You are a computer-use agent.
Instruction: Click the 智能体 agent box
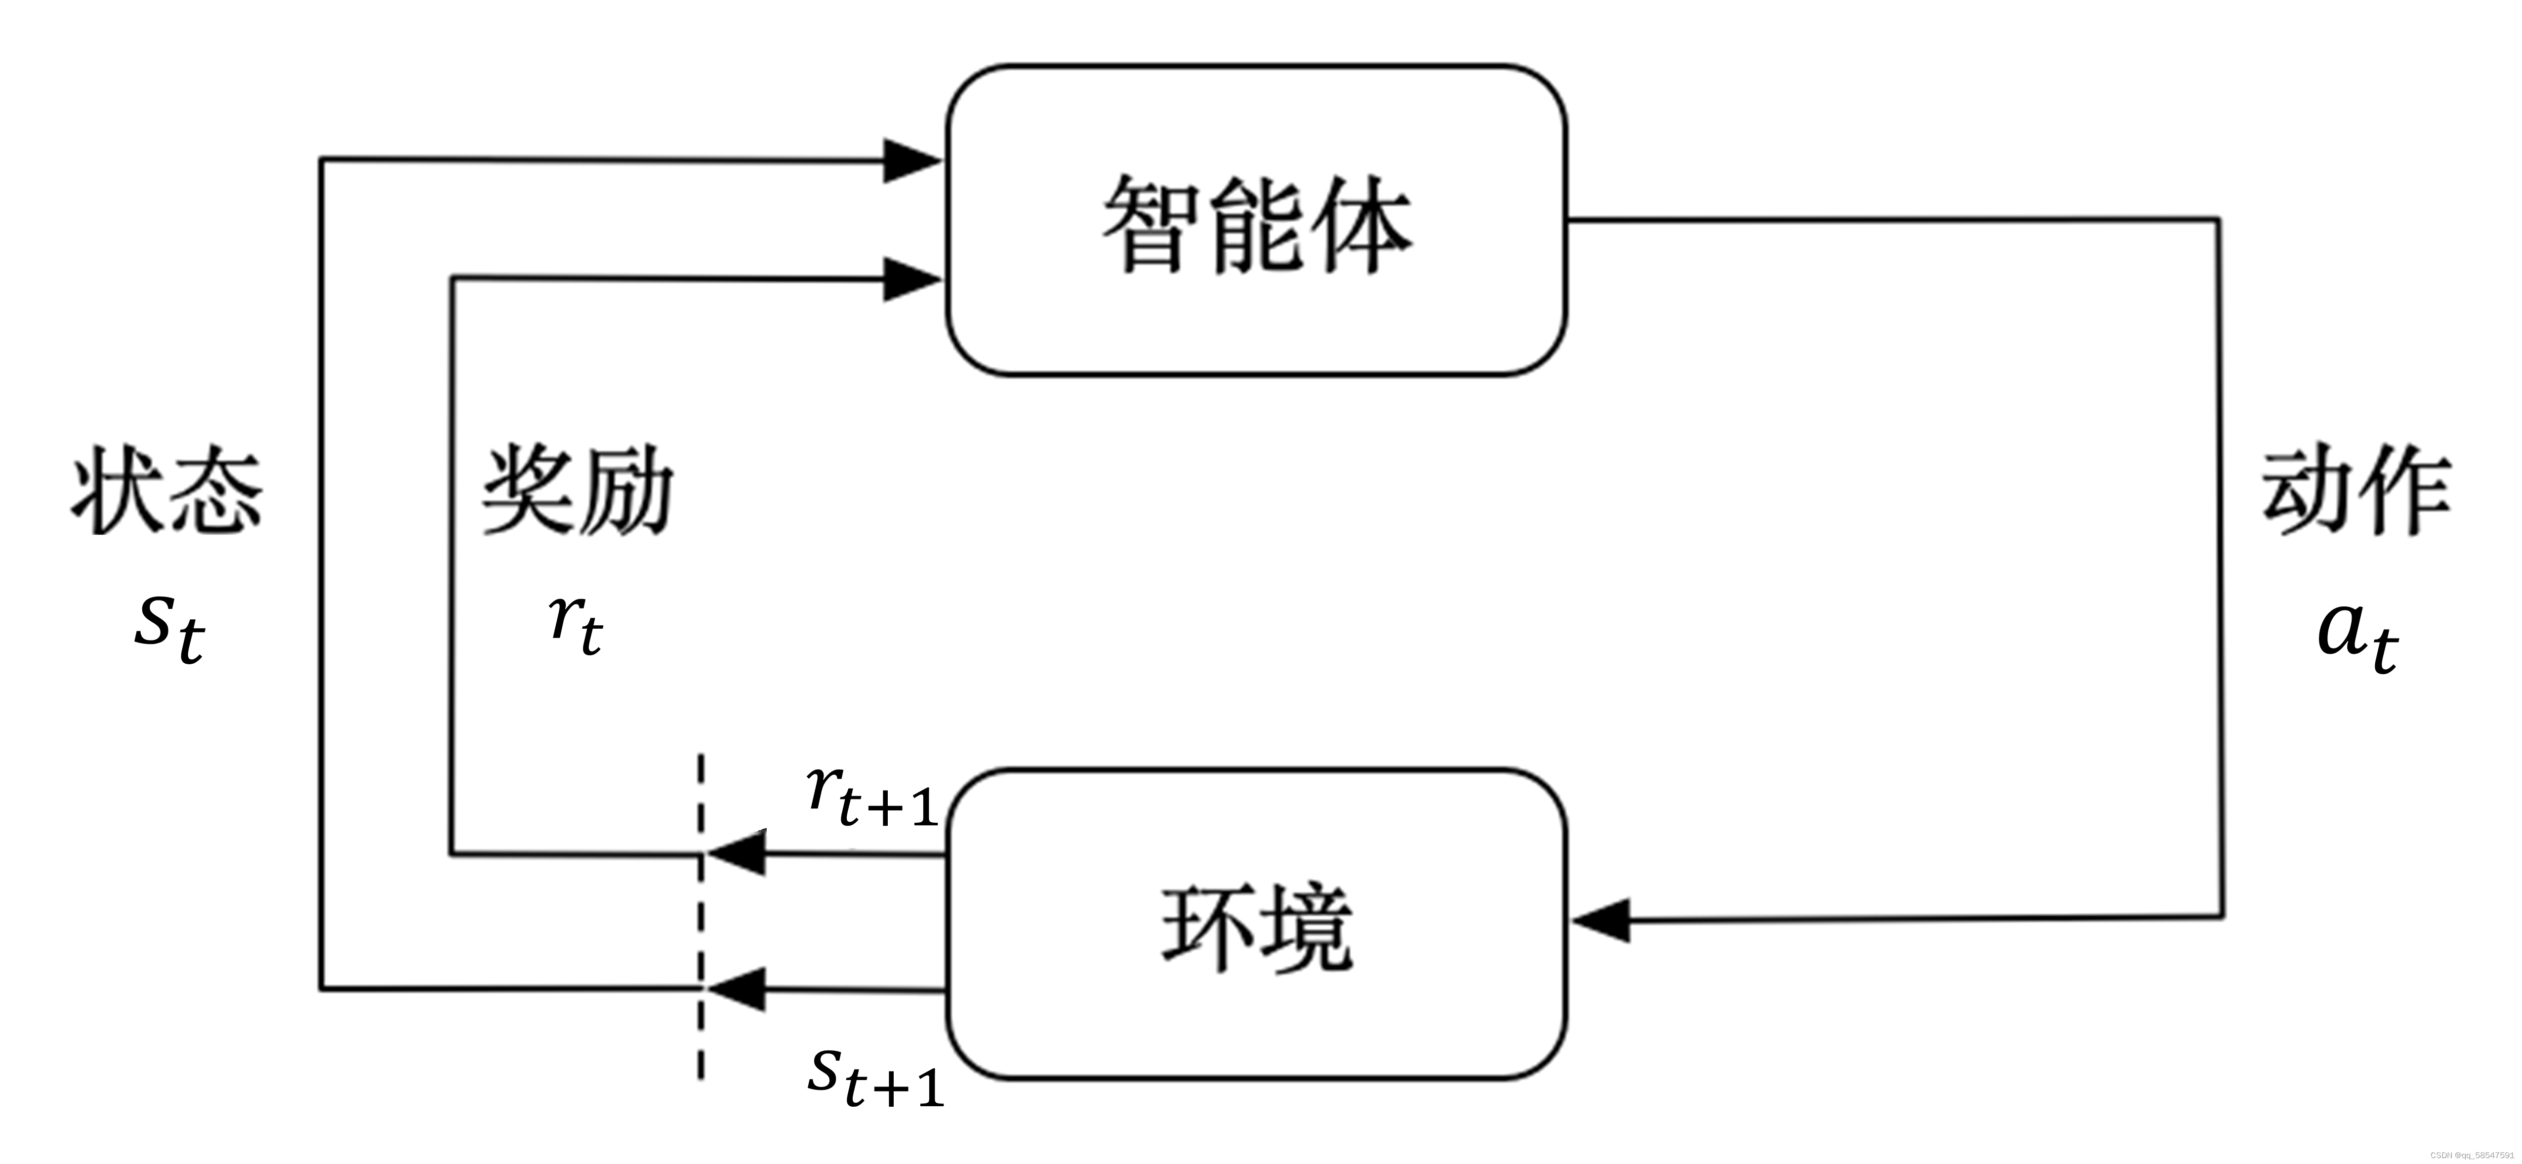click(1256, 220)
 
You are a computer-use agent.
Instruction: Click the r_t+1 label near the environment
click(871, 795)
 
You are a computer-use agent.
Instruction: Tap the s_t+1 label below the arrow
click(874, 1077)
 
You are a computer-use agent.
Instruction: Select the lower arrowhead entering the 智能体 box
click(910, 280)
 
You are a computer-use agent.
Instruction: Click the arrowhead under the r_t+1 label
click(736, 854)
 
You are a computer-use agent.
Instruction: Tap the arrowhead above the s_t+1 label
click(736, 989)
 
